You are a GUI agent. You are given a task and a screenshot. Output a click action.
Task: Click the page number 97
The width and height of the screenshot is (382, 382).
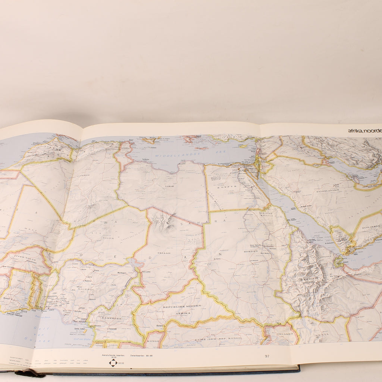pos(267,356)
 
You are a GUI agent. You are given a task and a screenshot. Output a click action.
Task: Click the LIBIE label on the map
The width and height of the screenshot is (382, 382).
pos(172,185)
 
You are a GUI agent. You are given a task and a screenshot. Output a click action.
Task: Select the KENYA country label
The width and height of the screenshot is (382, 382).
pos(323,334)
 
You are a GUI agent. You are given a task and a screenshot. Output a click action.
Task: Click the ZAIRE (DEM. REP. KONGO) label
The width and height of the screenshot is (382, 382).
pos(217,339)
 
